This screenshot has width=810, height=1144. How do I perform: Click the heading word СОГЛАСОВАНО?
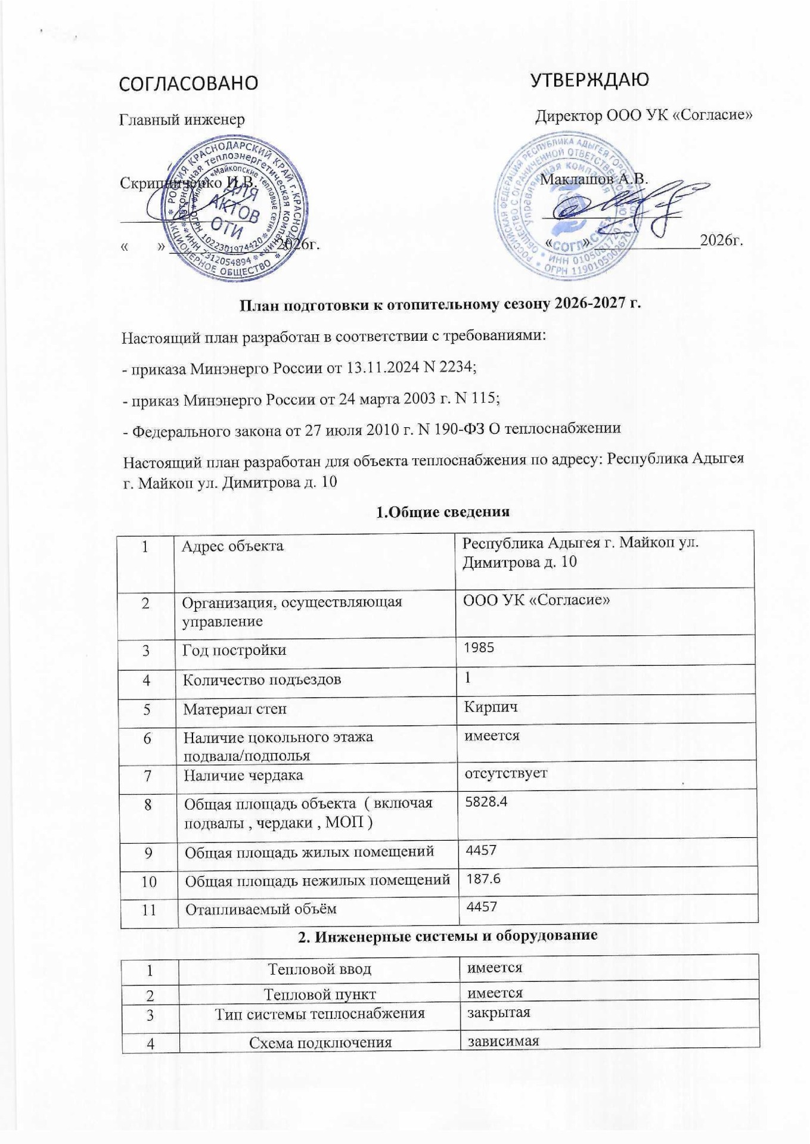pos(189,83)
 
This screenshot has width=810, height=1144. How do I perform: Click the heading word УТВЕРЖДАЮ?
pos(589,79)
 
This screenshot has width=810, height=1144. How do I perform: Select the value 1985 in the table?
pos(479,648)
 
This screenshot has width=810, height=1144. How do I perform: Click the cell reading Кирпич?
pos(491,707)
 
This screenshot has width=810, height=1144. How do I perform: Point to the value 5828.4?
pos(485,801)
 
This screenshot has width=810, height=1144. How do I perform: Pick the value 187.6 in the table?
pos(483,878)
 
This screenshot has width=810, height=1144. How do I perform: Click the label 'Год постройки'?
pos(234,649)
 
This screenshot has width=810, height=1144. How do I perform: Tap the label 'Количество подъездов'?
pos(262,679)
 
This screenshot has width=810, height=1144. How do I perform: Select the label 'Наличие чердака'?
pos(243,775)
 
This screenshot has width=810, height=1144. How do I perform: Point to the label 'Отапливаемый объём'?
pos(261,909)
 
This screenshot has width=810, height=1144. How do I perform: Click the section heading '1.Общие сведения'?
pos(443,512)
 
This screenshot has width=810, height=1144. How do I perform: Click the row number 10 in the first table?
pos(148,881)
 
